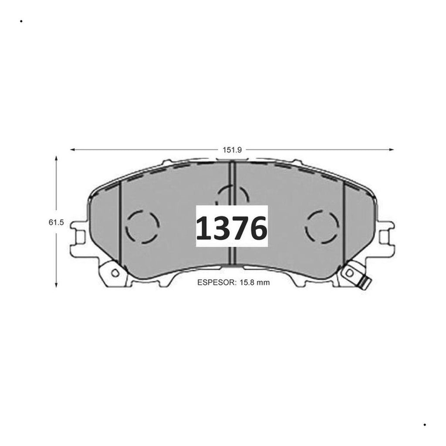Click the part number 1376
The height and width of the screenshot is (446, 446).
click(232, 227)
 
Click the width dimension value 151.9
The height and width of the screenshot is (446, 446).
click(232, 150)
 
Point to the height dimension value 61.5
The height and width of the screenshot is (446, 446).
click(56, 223)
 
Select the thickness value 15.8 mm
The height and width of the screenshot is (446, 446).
click(255, 282)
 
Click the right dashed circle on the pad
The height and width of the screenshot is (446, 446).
click(306, 226)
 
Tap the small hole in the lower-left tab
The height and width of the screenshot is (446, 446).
click(115, 273)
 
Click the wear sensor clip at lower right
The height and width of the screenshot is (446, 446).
click(365, 283)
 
